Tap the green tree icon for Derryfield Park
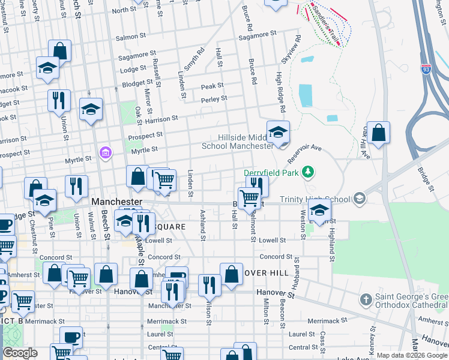(308, 173)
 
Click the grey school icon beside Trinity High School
(359, 199)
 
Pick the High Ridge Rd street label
(279, 93)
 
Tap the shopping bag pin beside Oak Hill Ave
(378, 133)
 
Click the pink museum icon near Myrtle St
(106, 153)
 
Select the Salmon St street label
(128, 37)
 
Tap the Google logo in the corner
(19, 353)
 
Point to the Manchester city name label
(117, 202)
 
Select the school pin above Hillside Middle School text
(278, 133)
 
